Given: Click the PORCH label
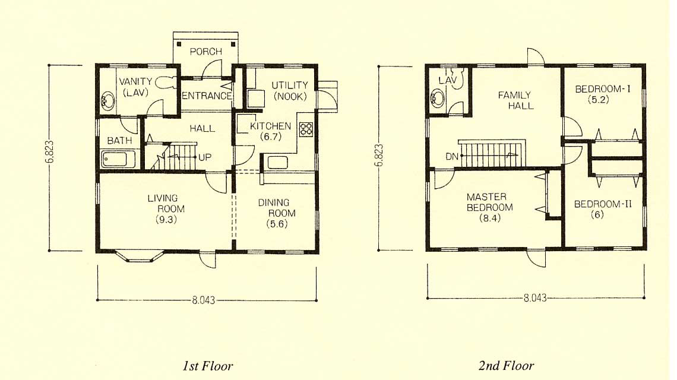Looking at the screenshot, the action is pos(206,52).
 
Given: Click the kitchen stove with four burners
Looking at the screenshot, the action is pos(306,129).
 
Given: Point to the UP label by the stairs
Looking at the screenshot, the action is pos(205,157).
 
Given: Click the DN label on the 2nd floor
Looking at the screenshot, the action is pos(451,156).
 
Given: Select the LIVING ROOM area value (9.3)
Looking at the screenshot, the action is pos(167,219).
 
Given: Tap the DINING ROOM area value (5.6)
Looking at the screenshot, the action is pos(277,224).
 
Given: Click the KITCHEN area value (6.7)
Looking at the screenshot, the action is pos(271,137).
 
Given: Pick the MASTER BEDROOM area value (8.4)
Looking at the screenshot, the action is pos(489,218).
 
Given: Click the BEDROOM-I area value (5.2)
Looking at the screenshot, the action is pos(599,100).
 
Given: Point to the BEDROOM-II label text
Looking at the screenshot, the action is pos(603,204).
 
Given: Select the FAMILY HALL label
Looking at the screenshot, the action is pos(515,100).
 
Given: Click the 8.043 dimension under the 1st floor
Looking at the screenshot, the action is pos(203,300).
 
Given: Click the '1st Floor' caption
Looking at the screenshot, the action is pos(208,366).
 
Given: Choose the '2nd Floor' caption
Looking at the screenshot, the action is pos(506,366).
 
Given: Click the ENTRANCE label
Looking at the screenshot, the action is pos(207,96).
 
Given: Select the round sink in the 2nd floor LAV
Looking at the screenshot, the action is pos(437,99).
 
